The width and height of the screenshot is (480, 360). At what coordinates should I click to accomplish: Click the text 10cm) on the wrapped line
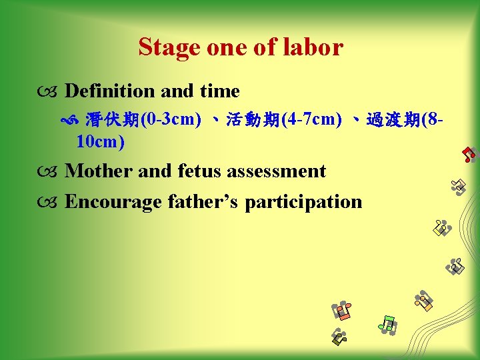[101, 141]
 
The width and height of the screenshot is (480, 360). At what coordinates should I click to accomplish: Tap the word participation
[303, 201]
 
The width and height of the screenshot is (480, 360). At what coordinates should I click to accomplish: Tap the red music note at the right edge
[469, 154]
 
